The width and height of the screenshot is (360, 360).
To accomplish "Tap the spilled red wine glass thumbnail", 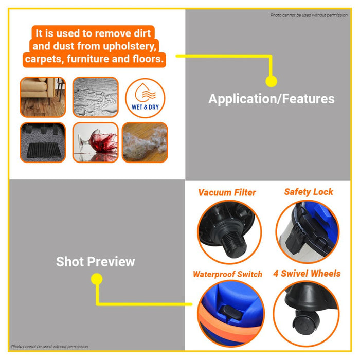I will click(x=95, y=142).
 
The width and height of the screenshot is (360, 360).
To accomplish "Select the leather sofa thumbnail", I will click(x=43, y=98).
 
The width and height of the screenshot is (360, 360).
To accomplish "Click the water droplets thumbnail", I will click(x=95, y=98).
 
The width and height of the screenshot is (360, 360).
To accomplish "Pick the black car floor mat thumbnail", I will click(x=43, y=142).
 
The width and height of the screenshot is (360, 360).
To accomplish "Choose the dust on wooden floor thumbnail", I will click(x=145, y=142).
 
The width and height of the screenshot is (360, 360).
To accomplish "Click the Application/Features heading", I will click(x=271, y=99).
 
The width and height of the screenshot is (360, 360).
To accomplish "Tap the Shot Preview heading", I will click(x=95, y=261).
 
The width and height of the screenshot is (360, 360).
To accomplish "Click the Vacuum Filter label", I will click(x=227, y=193).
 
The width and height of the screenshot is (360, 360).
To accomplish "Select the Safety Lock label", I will click(x=309, y=192).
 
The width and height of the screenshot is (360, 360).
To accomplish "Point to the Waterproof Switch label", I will click(x=227, y=274).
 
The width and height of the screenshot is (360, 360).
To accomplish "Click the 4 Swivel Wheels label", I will click(x=307, y=273).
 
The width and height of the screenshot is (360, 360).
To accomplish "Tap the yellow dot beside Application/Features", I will click(x=271, y=81).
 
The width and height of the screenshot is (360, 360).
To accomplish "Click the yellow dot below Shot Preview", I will click(x=96, y=279).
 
